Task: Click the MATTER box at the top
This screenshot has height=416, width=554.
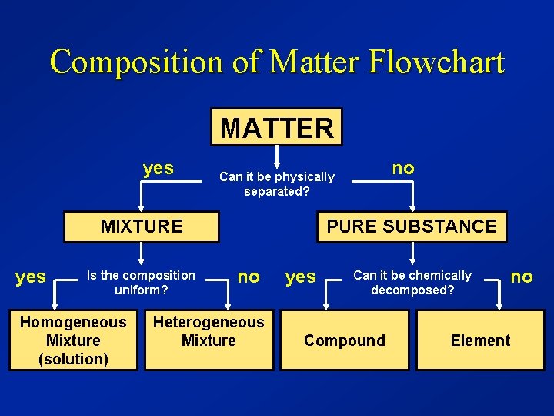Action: [x=277, y=127]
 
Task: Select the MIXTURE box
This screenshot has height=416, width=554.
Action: [x=142, y=226]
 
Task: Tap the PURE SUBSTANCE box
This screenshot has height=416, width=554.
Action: [x=412, y=226]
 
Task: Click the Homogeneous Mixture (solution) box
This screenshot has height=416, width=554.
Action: [x=73, y=341]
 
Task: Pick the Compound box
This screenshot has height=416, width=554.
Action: [x=345, y=341]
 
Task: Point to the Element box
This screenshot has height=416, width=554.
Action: [x=480, y=341]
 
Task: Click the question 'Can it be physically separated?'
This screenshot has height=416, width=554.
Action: [x=277, y=184]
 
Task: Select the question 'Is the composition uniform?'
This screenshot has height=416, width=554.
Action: [x=142, y=283]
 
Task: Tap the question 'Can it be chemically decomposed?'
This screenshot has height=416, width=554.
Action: [x=412, y=283]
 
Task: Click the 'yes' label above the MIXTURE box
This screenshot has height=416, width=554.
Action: [x=159, y=168]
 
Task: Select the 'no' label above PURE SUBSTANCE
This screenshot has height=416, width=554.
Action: [x=403, y=168]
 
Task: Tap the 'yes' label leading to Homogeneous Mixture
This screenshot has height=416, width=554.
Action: [x=31, y=277]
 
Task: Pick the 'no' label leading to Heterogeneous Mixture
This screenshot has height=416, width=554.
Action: [x=249, y=276]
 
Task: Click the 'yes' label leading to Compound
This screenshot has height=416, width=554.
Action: [x=301, y=277]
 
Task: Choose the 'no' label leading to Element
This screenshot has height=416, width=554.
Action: [x=522, y=276]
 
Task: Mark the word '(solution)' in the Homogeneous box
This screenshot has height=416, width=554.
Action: [x=73, y=359]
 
